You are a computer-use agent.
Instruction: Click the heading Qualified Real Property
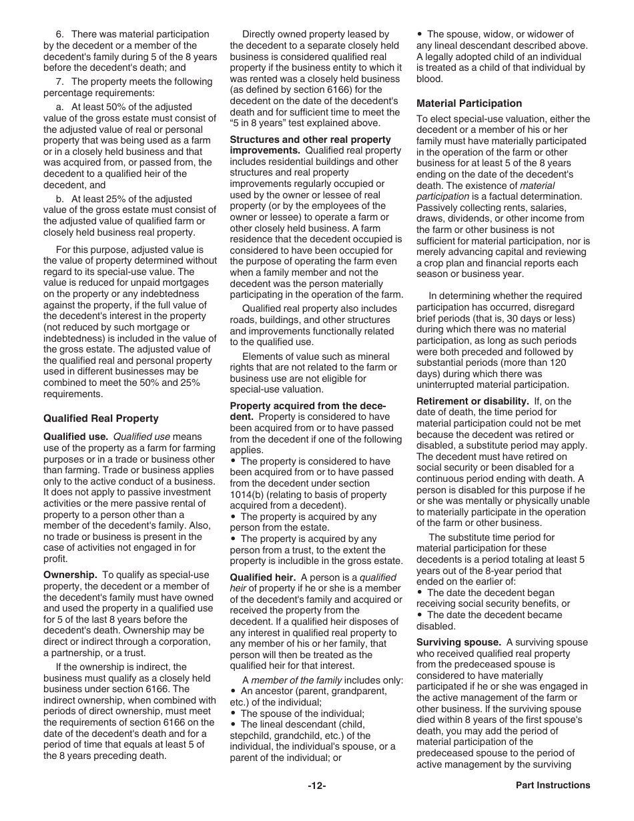(x=101, y=419)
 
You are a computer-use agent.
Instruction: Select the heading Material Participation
(x=469, y=103)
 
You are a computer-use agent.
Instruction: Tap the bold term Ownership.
(x=70, y=575)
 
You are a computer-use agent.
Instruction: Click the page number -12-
(x=316, y=786)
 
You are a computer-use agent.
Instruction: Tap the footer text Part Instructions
(x=553, y=786)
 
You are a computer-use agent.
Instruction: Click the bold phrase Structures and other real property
(x=310, y=140)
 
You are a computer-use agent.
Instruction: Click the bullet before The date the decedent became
(x=420, y=615)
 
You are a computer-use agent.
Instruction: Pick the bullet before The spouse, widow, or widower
(x=420, y=34)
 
